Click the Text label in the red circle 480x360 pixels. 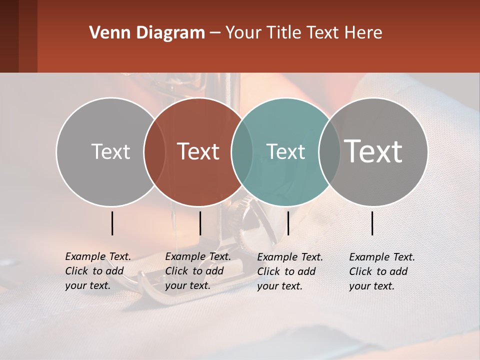click(198, 151)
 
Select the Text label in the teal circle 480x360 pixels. click(286, 151)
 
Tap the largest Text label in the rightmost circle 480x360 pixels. click(373, 151)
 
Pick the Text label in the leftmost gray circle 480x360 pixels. click(110, 151)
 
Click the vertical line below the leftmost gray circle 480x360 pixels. click(112, 223)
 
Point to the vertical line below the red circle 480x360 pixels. click(200, 223)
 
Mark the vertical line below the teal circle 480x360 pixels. click(288, 223)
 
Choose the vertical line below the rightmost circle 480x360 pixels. click(372, 223)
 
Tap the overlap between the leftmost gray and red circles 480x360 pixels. click(154, 151)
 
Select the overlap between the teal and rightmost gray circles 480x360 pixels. click(329, 151)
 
